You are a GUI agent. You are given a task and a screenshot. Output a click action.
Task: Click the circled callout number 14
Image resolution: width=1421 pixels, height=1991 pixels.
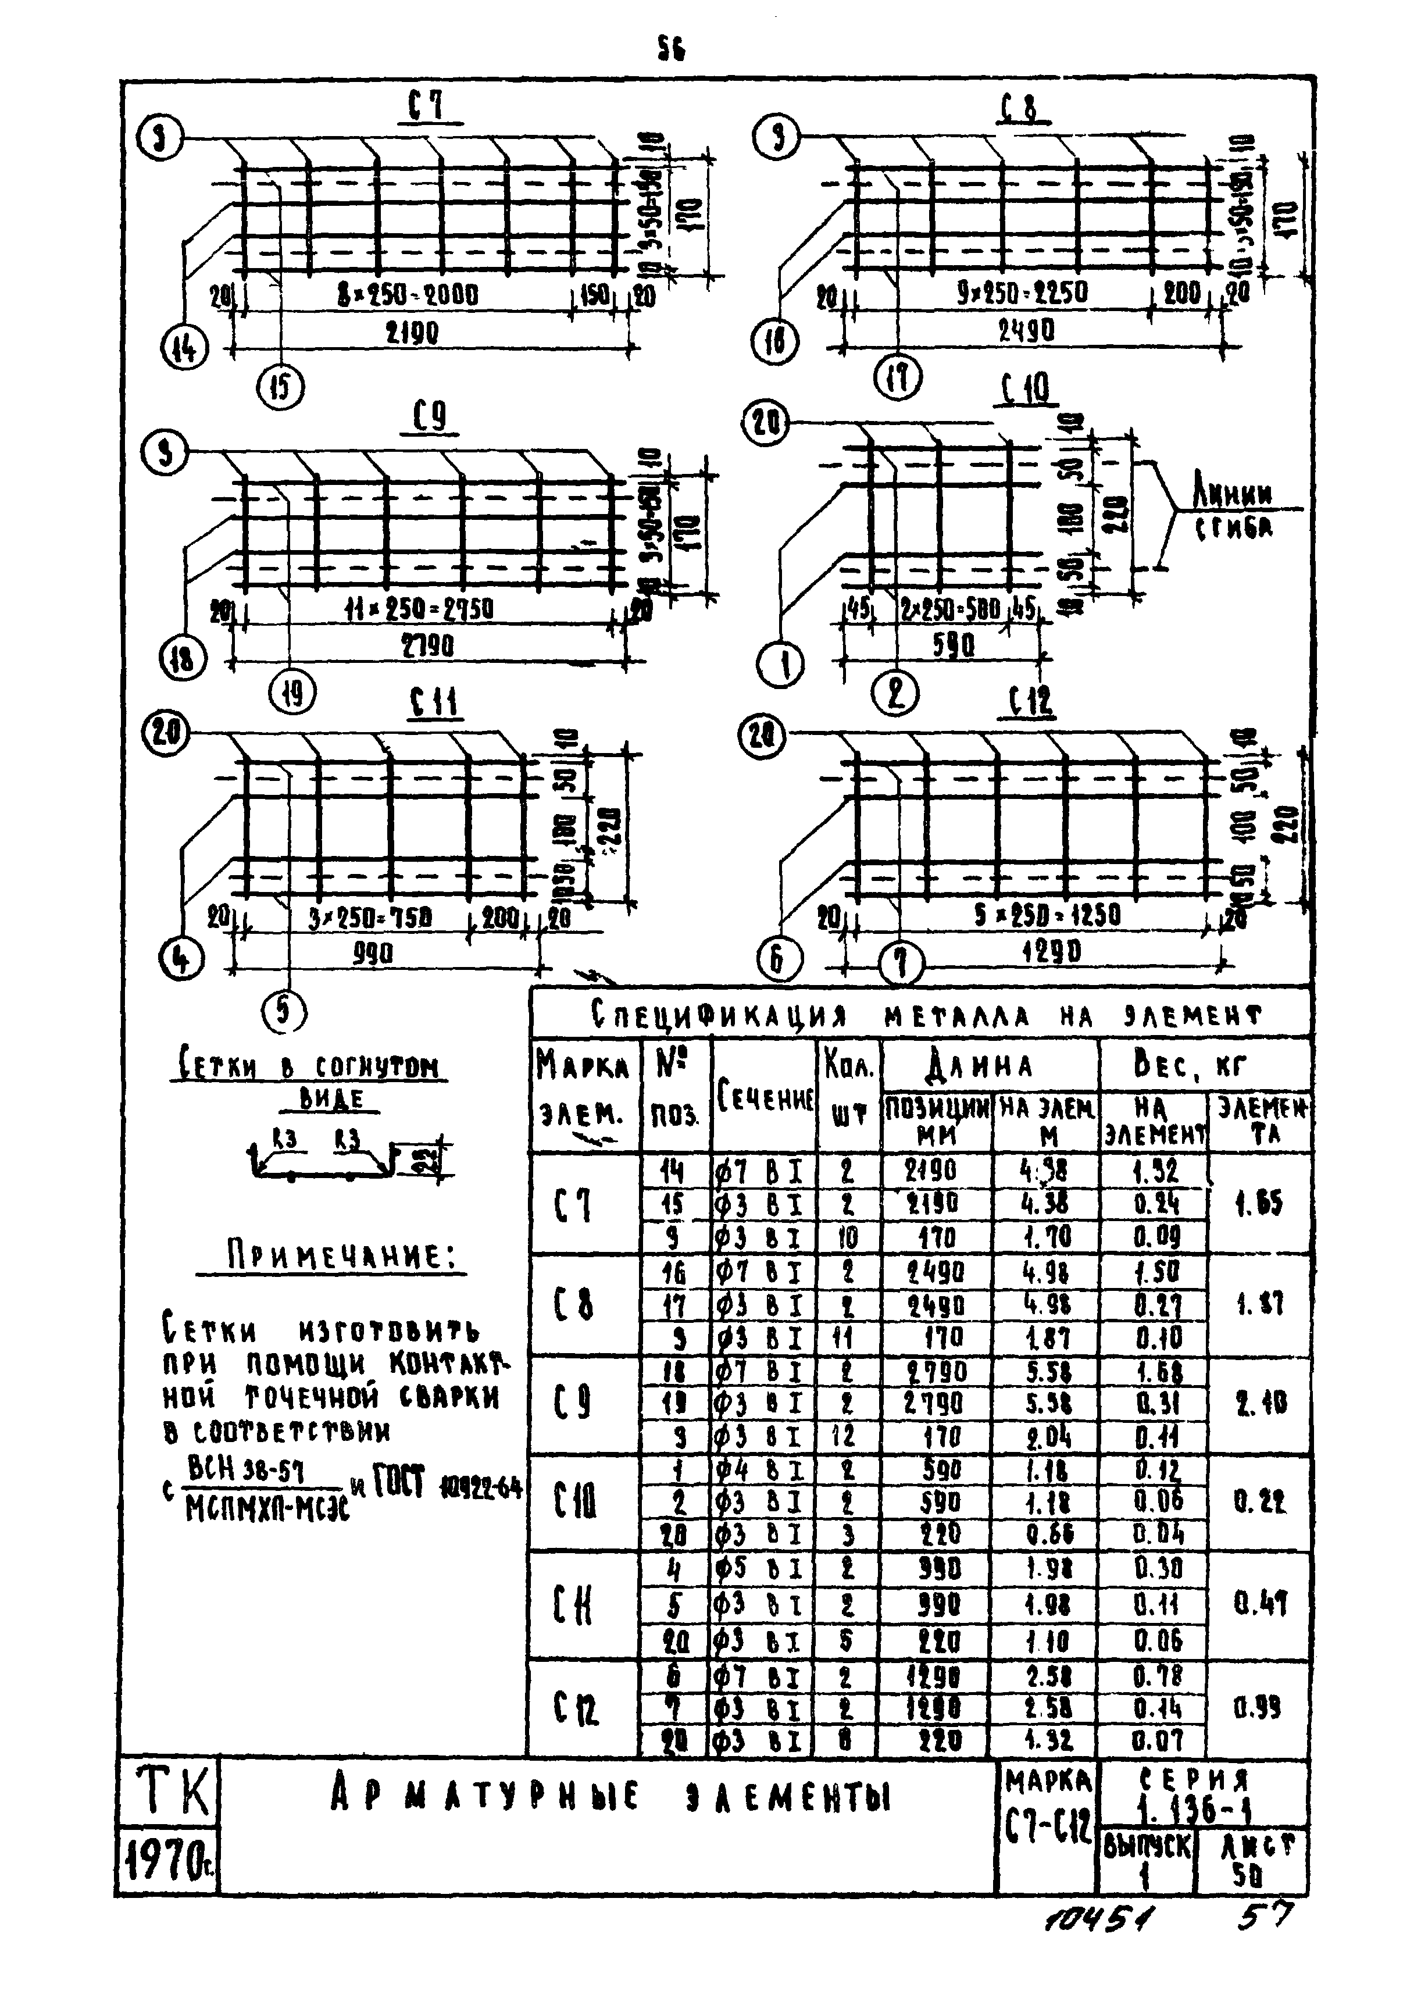tap(184, 349)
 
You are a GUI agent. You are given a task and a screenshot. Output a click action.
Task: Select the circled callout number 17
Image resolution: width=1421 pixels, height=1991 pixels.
tap(899, 380)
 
